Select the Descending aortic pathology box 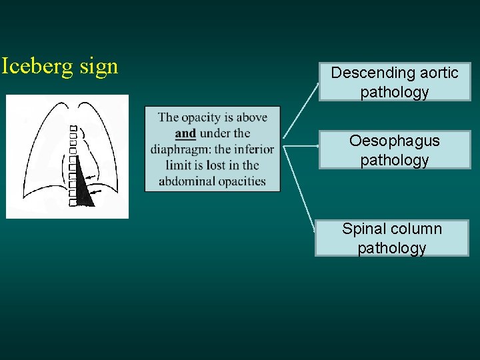394,82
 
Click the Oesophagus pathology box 394,150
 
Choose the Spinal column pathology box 391,238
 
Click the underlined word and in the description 185,133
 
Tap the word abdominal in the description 187,181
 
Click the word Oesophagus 394,141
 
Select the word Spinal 365,229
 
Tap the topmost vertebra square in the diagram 73,128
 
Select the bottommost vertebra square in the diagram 73,201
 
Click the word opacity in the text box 203,117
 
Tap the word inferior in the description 253,149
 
